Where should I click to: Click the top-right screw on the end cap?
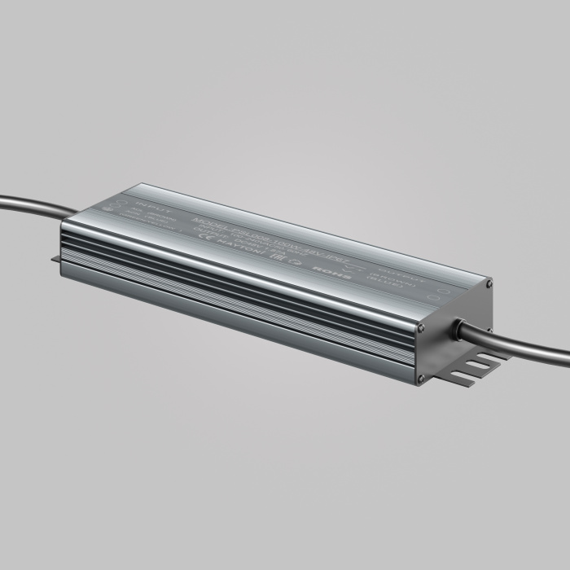tap(489, 284)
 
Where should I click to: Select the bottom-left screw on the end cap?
tap(420, 378)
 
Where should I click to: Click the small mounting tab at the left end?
tap(56, 259)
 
